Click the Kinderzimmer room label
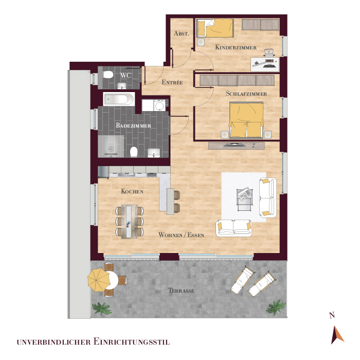pos(236,47)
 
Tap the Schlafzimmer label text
pos(246,94)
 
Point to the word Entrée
pos(172,82)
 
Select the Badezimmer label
pos(133,125)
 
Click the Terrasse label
pos(182,291)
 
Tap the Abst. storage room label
pos(182,33)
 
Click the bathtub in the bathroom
pos(119,99)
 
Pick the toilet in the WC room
pos(108,75)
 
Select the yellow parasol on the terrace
pos(99,280)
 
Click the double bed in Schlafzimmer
pos(246,120)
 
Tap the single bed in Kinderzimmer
pos(215,28)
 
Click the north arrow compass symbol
pos(337,335)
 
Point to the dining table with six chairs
pos(130,221)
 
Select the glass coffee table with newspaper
pos(245,200)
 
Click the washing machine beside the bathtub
pos(159,106)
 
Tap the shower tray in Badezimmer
pos(111,147)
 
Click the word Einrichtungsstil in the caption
pos(132,341)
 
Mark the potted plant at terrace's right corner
pos(276,307)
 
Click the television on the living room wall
pos(232,145)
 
